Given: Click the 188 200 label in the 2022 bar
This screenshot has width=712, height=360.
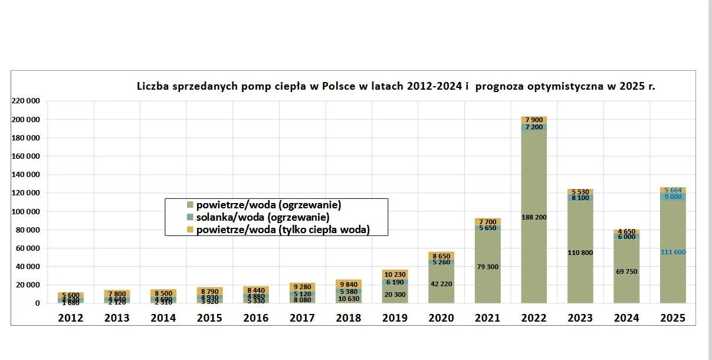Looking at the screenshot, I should (534, 217).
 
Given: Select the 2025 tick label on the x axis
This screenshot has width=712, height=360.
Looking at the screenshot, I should (672, 318).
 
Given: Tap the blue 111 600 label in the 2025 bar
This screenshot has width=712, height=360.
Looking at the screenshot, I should (672, 252).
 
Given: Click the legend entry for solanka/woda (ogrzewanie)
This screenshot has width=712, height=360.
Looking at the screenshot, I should (263, 217).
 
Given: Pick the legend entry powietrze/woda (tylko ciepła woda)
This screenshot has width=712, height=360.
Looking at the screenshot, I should (283, 230).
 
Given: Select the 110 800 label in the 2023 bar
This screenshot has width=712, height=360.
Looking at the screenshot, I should (580, 253).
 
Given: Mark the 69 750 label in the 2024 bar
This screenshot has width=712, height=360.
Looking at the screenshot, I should (626, 271).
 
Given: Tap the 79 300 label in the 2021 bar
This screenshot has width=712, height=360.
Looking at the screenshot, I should (487, 267).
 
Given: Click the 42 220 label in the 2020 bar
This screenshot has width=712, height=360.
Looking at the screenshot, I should (441, 284).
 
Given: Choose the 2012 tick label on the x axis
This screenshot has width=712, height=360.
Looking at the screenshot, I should (70, 318).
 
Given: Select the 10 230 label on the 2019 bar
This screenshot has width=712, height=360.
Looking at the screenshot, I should (395, 274).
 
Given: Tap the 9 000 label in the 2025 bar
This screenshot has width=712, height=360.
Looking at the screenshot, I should (672, 197).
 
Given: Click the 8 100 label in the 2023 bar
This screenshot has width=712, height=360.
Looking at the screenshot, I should (580, 198).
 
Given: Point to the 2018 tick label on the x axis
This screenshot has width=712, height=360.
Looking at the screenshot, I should (348, 318).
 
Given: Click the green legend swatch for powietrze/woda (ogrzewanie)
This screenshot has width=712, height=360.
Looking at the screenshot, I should (190, 205).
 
